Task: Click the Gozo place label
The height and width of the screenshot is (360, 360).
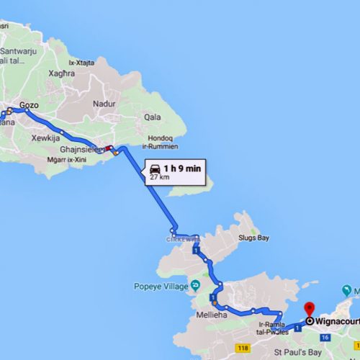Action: click(x=29, y=105)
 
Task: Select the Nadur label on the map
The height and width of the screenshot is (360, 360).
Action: click(x=103, y=104)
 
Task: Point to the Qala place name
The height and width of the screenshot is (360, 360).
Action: click(x=152, y=117)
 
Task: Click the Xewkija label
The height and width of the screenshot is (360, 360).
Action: click(x=46, y=136)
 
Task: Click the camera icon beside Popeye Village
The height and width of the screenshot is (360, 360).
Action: click(x=194, y=286)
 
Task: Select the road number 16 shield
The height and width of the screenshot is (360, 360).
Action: click(x=325, y=338)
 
